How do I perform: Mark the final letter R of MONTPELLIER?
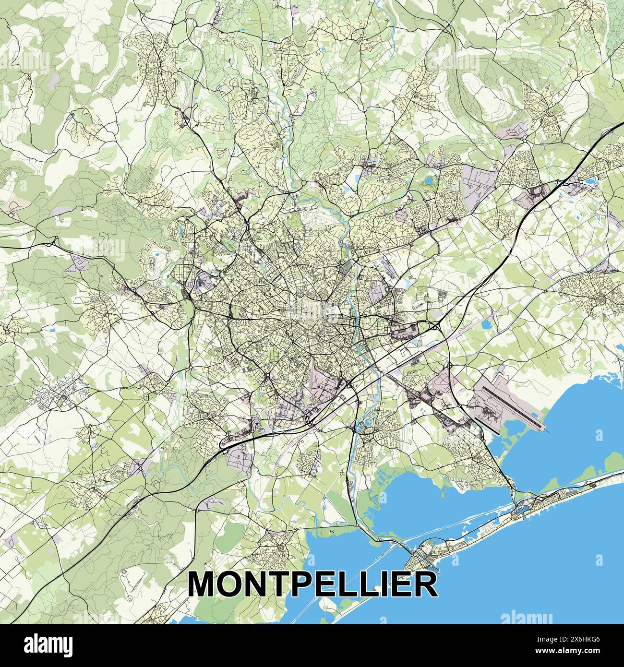pos(425,584)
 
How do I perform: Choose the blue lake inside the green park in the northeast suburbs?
pos(428,181)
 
